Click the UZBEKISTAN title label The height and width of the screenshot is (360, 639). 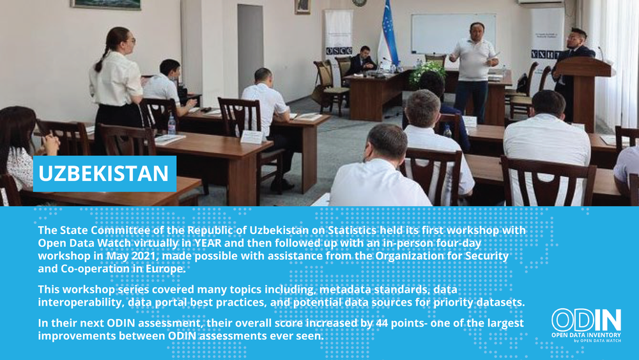(x=104, y=174)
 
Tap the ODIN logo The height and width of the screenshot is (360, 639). (x=586, y=325)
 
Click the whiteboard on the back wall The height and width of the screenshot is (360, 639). (x=453, y=34)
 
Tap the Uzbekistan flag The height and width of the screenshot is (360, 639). (x=388, y=35)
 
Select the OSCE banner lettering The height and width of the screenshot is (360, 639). (x=339, y=51)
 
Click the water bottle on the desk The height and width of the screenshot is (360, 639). (x=171, y=125)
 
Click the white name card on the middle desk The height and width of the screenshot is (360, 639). (x=251, y=137)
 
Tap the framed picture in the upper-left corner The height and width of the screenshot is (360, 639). (x=106, y=4)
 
